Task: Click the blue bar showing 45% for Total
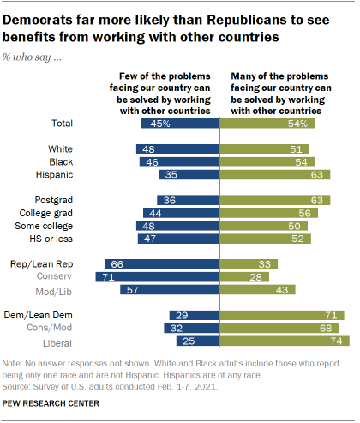point(181,124)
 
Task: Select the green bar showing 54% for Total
point(267,124)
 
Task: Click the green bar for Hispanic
point(275,174)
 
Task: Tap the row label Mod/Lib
point(60,292)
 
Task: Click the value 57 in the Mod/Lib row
point(130,292)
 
